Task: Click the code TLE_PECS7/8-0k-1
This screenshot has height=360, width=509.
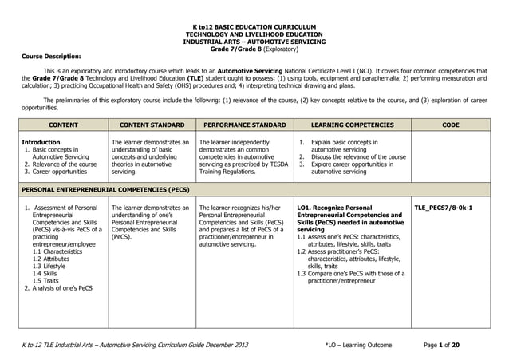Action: click(444, 208)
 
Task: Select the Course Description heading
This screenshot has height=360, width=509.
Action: click(45, 57)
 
